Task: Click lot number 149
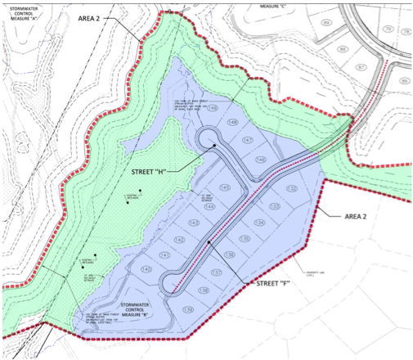(212, 107)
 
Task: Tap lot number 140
(146, 269)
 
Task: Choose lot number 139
(188, 308)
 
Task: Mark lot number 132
(292, 189)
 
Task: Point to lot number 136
(230, 255)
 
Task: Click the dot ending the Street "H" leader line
(215, 146)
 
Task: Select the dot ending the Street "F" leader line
(209, 242)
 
